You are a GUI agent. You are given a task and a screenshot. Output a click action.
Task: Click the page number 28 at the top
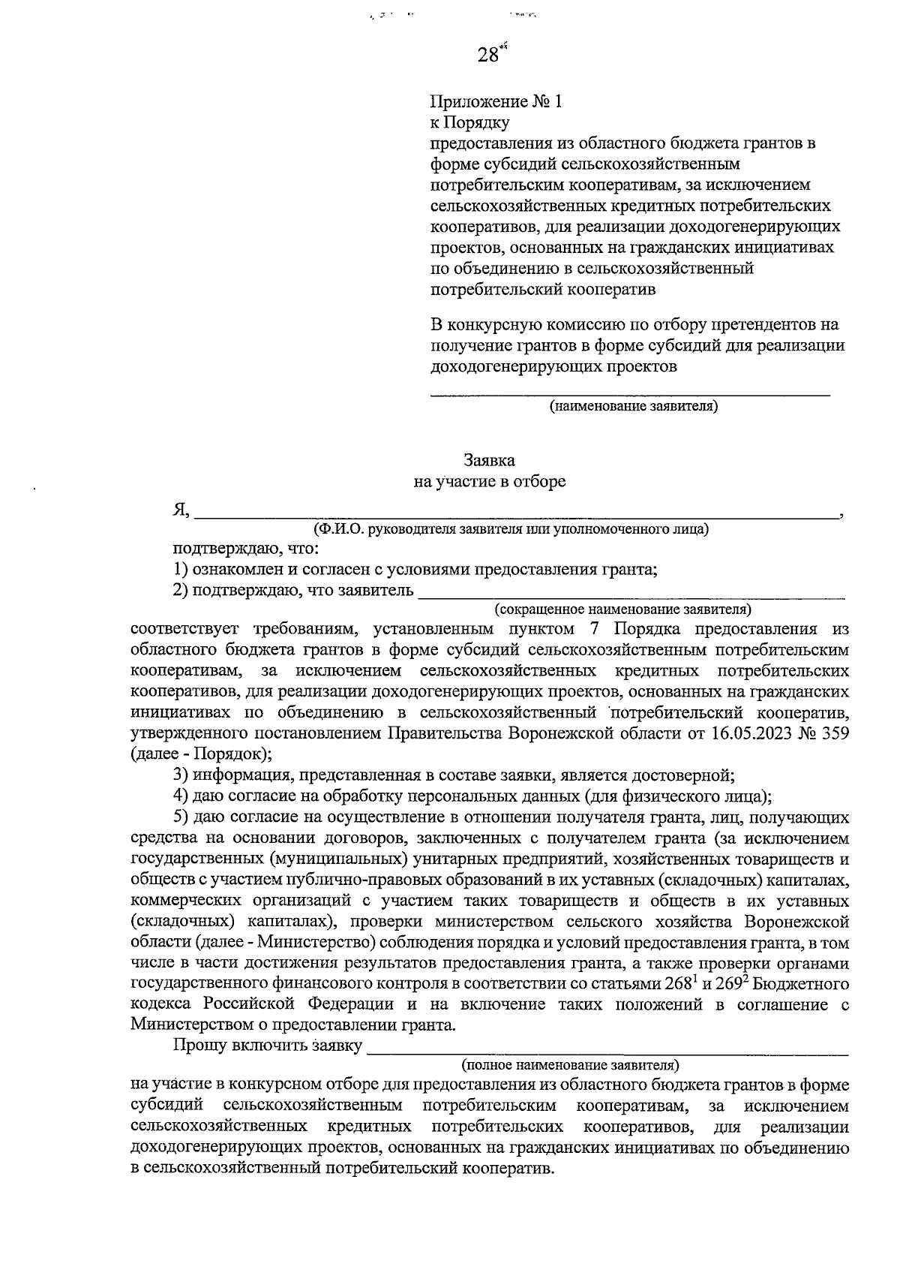tap(488, 55)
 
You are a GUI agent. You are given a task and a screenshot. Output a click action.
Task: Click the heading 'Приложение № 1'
tap(496, 101)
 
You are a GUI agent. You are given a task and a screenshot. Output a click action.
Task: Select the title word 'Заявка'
tap(490, 460)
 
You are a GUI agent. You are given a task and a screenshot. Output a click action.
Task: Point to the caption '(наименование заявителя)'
tap(634, 407)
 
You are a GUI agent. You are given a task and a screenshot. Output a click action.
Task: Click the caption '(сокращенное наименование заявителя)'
tap(622, 608)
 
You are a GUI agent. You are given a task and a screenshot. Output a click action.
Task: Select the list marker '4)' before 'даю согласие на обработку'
tap(180, 796)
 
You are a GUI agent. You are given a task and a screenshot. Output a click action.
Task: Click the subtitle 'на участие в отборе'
tap(490, 481)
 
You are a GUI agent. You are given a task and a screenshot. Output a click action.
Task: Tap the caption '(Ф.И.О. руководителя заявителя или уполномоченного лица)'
tap(511, 529)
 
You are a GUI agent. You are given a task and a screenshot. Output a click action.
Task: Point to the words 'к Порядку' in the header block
tap(470, 122)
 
